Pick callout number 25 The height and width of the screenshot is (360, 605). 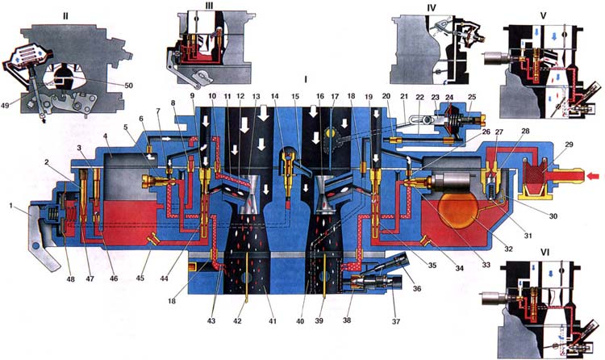pyautogui.click(x=471, y=98)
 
